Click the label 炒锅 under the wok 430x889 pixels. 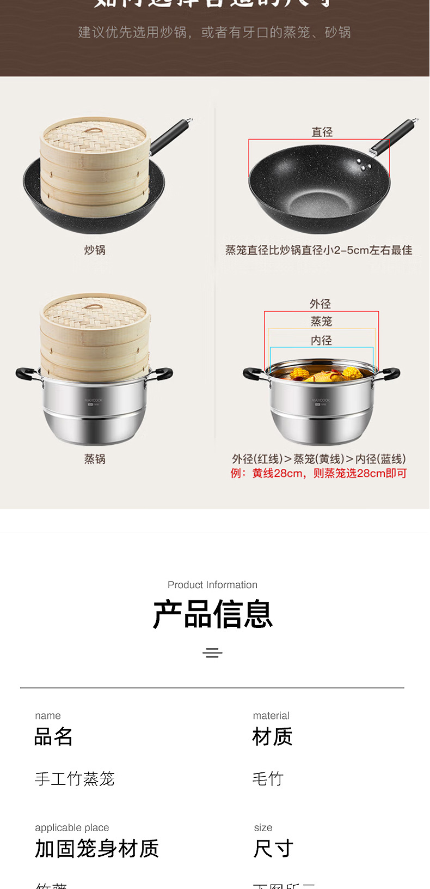pyautogui.click(x=95, y=250)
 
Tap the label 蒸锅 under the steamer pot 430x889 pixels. pyautogui.click(x=95, y=459)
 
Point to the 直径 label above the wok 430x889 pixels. pyautogui.click(x=322, y=132)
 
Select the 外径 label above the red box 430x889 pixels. pyautogui.click(x=320, y=304)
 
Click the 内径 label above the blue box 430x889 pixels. pyautogui.click(x=321, y=340)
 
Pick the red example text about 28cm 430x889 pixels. pyautogui.click(x=318, y=473)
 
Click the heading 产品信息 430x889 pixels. pyautogui.click(x=212, y=614)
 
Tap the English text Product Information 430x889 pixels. pyautogui.click(x=212, y=585)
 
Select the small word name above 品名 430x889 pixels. pyautogui.click(x=48, y=716)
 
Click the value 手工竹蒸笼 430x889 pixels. pyautogui.click(x=75, y=779)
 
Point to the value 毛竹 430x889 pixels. pyautogui.click(x=268, y=779)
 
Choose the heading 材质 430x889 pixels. pyautogui.click(x=272, y=737)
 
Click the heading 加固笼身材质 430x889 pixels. pyautogui.click(x=97, y=849)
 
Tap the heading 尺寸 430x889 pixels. pyautogui.click(x=273, y=849)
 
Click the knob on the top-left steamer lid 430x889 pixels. pyautogui.click(x=94, y=132)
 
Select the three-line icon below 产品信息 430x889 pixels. pyautogui.click(x=212, y=652)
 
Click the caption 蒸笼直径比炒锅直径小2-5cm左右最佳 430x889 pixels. pyautogui.click(x=318, y=250)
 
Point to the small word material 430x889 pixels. pyautogui.click(x=271, y=716)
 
